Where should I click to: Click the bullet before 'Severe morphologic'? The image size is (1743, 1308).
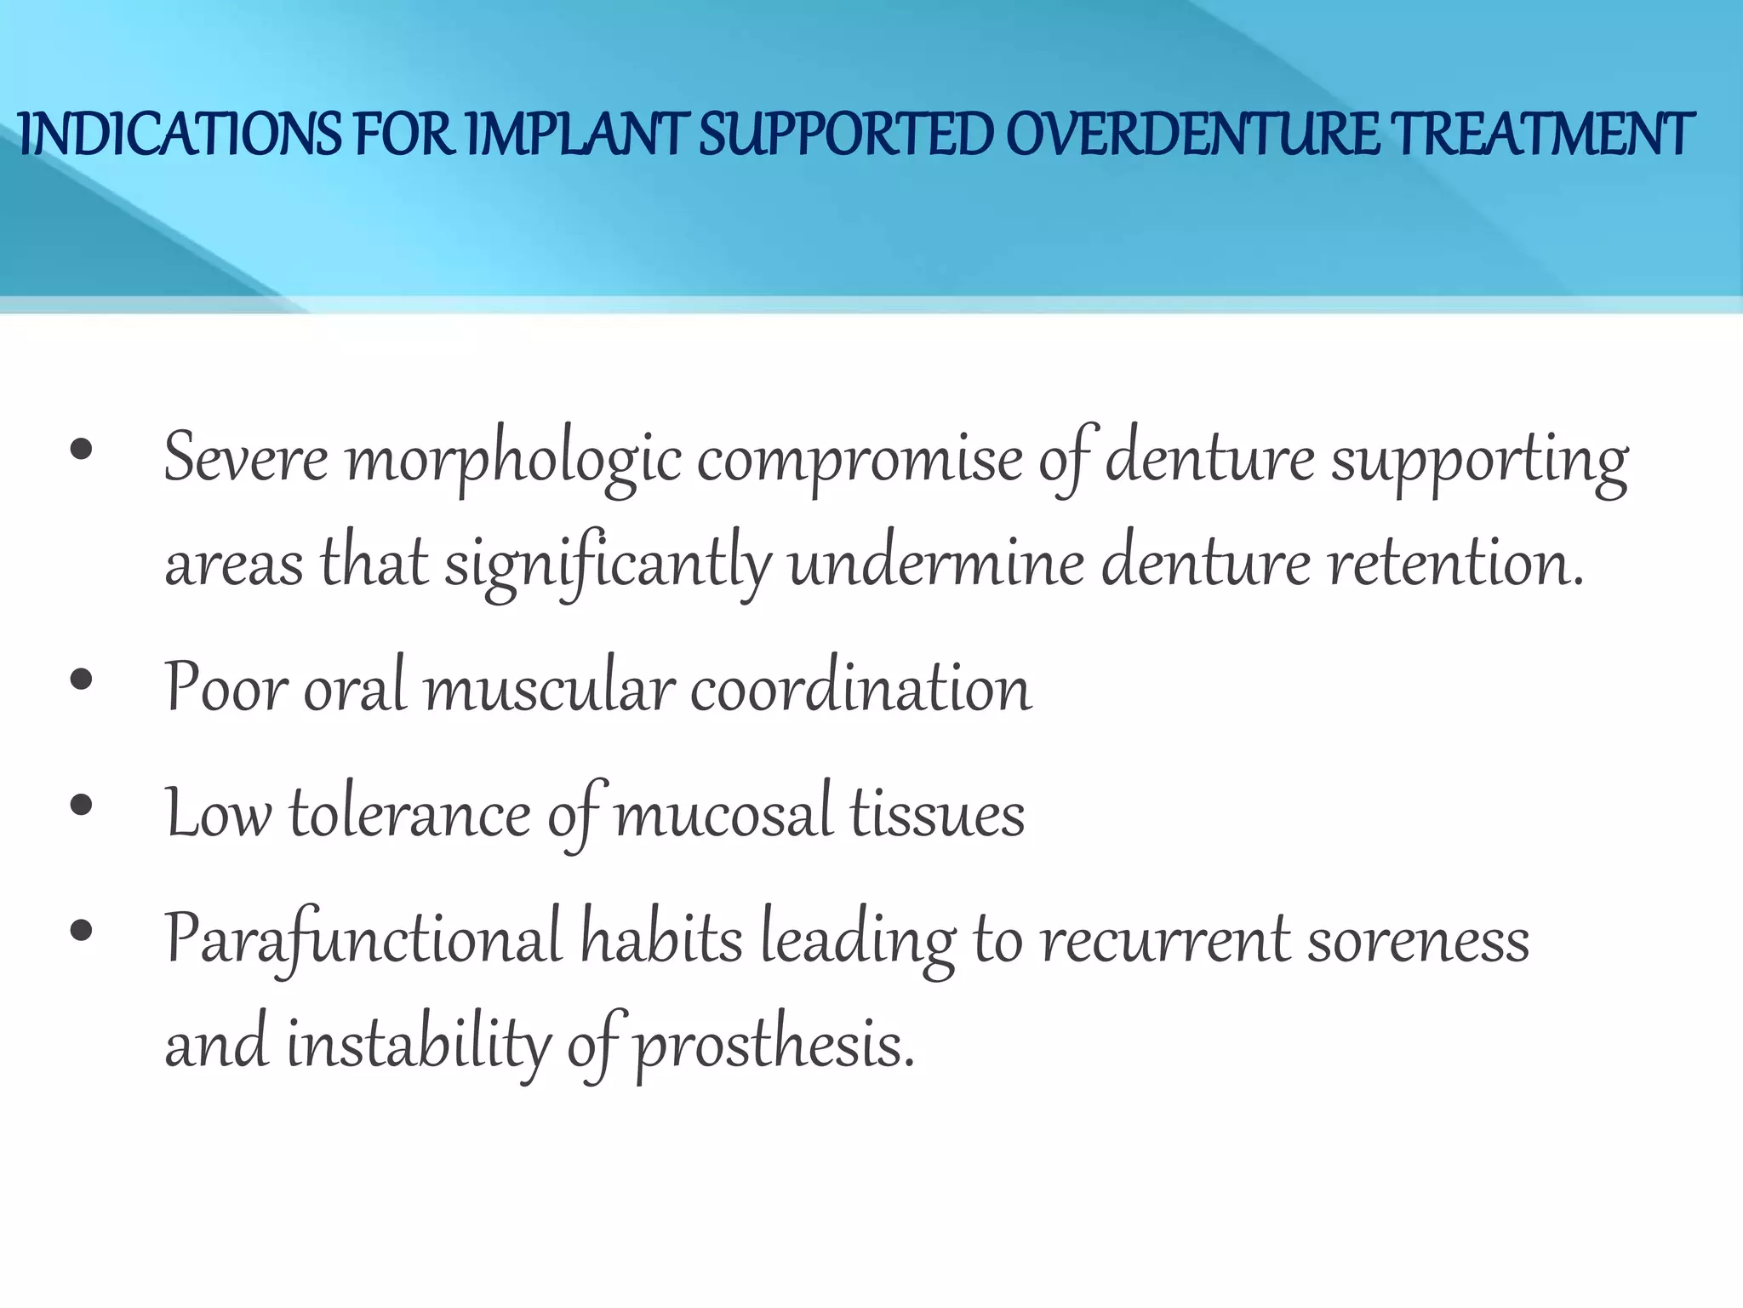click(x=82, y=450)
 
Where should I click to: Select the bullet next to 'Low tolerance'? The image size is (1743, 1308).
click(x=82, y=805)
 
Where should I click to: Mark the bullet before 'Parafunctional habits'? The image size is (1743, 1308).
click(x=82, y=931)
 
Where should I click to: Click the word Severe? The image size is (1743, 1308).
click(x=246, y=458)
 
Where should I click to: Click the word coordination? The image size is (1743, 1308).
click(x=860, y=687)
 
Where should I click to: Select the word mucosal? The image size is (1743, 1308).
click(x=723, y=813)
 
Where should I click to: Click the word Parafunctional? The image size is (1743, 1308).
click(x=364, y=940)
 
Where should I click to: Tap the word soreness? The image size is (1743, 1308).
click(x=1418, y=940)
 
